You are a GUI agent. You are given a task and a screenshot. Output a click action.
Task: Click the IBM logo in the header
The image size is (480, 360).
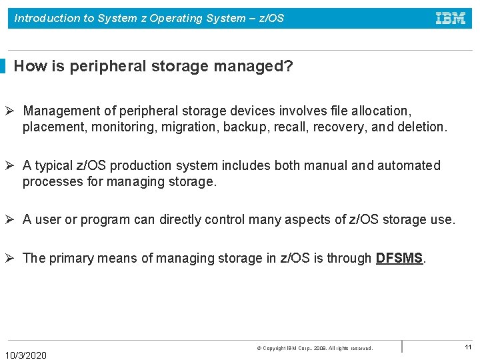451,19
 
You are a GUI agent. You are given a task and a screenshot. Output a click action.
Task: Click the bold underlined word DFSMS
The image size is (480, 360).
399,258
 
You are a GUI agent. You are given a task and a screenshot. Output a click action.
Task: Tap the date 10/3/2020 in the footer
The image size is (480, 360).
26,355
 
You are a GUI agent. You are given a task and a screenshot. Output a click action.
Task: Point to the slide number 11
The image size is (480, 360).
468,347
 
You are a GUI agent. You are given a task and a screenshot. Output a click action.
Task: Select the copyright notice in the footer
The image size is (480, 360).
315,348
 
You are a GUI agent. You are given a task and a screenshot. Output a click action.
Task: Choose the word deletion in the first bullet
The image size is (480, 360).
420,127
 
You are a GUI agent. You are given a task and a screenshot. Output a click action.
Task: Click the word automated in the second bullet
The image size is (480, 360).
409,165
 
